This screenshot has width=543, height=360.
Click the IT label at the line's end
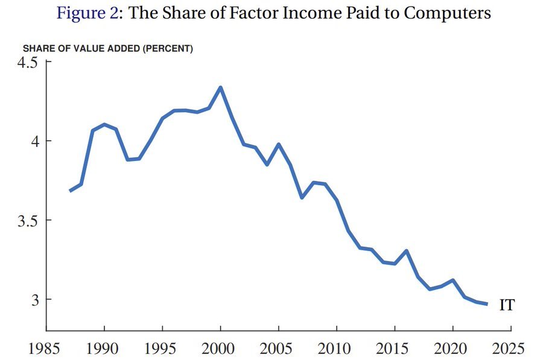pos(507,305)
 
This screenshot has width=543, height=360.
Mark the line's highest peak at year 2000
pos(221,87)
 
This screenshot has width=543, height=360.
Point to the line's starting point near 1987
pos(71,191)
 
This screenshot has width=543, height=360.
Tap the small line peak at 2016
pos(407,251)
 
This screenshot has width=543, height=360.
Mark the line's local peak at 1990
pos(104,125)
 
